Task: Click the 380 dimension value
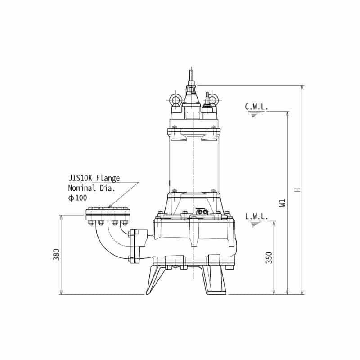click(x=56, y=254)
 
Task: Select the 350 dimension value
click(x=269, y=257)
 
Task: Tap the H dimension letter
click(x=297, y=189)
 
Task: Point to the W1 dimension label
click(x=283, y=203)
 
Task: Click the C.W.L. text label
click(x=256, y=107)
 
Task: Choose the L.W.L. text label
click(x=256, y=216)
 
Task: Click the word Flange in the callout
click(x=108, y=178)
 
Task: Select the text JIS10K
click(x=81, y=178)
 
